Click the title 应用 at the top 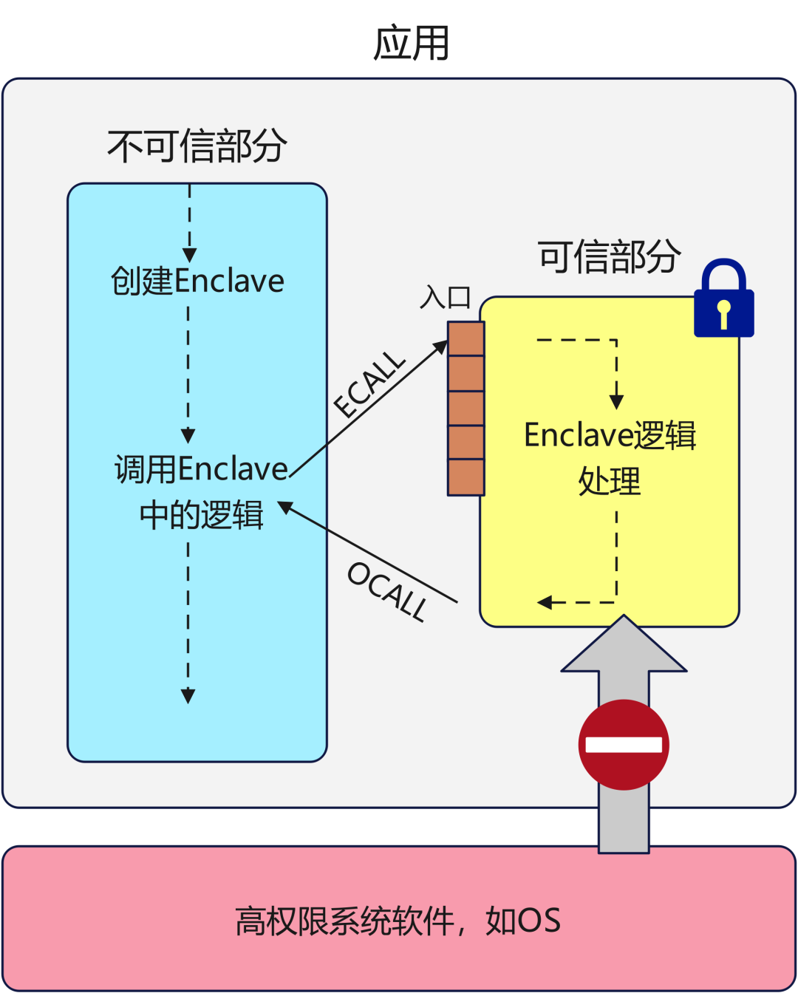pyautogui.click(x=411, y=43)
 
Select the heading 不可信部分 pyautogui.click(x=197, y=146)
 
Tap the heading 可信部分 pyautogui.click(x=608, y=256)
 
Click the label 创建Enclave pyautogui.click(x=197, y=281)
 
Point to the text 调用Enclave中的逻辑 pyautogui.click(x=201, y=491)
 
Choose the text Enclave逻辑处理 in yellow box pyautogui.click(x=610, y=457)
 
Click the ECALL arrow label pyautogui.click(x=369, y=385)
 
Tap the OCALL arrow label pyautogui.click(x=387, y=591)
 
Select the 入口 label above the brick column pyautogui.click(x=446, y=297)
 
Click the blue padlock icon pyautogui.click(x=723, y=300)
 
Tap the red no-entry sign pyautogui.click(x=624, y=744)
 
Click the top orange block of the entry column pyautogui.click(x=465, y=339)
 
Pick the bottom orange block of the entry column pyautogui.click(x=465, y=477)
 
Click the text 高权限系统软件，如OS pyautogui.click(x=398, y=921)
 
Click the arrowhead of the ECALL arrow pyautogui.click(x=441, y=346)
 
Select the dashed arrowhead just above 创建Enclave pyautogui.click(x=189, y=255)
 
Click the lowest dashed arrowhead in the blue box pyautogui.click(x=188, y=695)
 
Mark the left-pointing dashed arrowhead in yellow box pyautogui.click(x=545, y=602)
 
